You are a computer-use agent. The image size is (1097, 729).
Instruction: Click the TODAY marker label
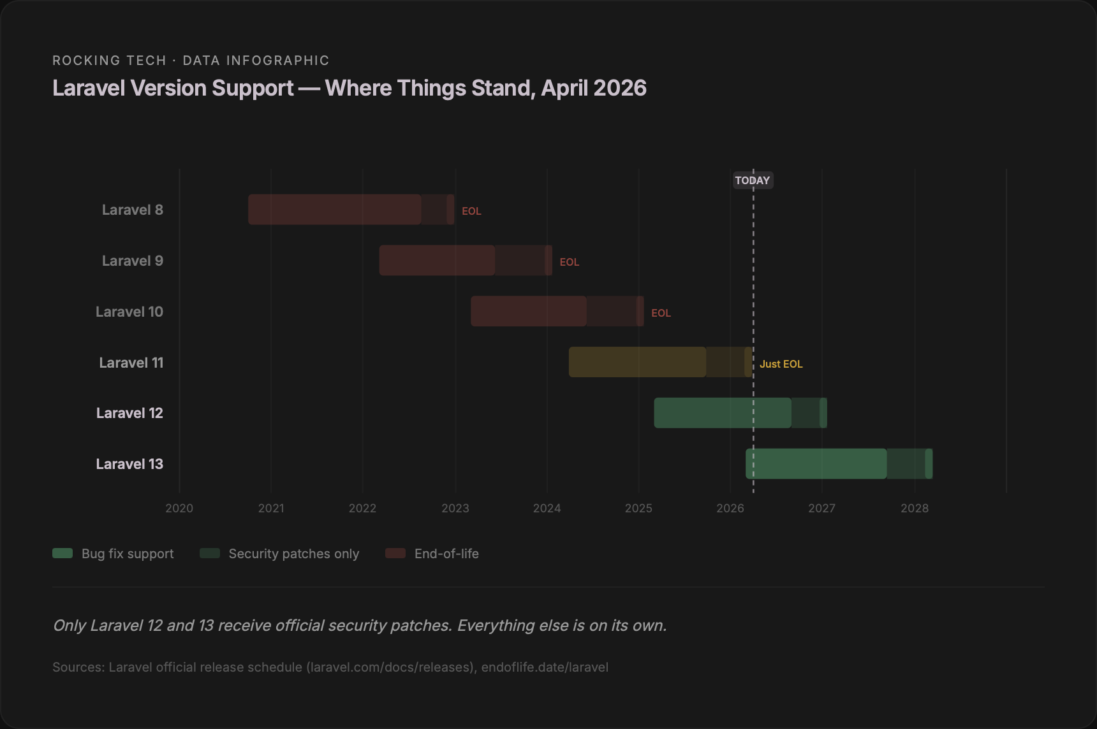(753, 180)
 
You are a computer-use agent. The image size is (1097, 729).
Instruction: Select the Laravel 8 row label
(133, 210)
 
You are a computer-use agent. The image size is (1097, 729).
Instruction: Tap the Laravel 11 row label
(131, 363)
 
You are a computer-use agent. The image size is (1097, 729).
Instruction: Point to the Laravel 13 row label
(129, 464)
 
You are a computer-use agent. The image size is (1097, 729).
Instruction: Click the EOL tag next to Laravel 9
(569, 262)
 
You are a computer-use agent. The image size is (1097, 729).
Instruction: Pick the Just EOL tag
(781, 364)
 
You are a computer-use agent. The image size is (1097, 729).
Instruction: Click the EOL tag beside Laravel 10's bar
(661, 313)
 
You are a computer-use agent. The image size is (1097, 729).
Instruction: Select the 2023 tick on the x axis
(455, 508)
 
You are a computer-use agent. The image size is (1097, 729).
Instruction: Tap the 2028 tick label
(914, 508)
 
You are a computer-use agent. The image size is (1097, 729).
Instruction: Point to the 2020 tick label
(179, 508)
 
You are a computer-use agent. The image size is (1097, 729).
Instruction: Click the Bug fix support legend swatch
(63, 553)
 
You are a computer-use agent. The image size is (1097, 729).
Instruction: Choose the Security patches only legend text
(293, 554)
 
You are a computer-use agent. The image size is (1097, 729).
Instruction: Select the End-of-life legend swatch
(395, 553)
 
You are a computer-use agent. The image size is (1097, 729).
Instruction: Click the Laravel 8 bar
(351, 210)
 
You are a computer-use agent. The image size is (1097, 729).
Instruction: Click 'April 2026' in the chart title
(594, 88)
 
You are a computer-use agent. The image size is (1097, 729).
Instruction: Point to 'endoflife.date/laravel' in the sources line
(545, 667)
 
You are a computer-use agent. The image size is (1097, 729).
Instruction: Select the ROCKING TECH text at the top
(109, 61)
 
